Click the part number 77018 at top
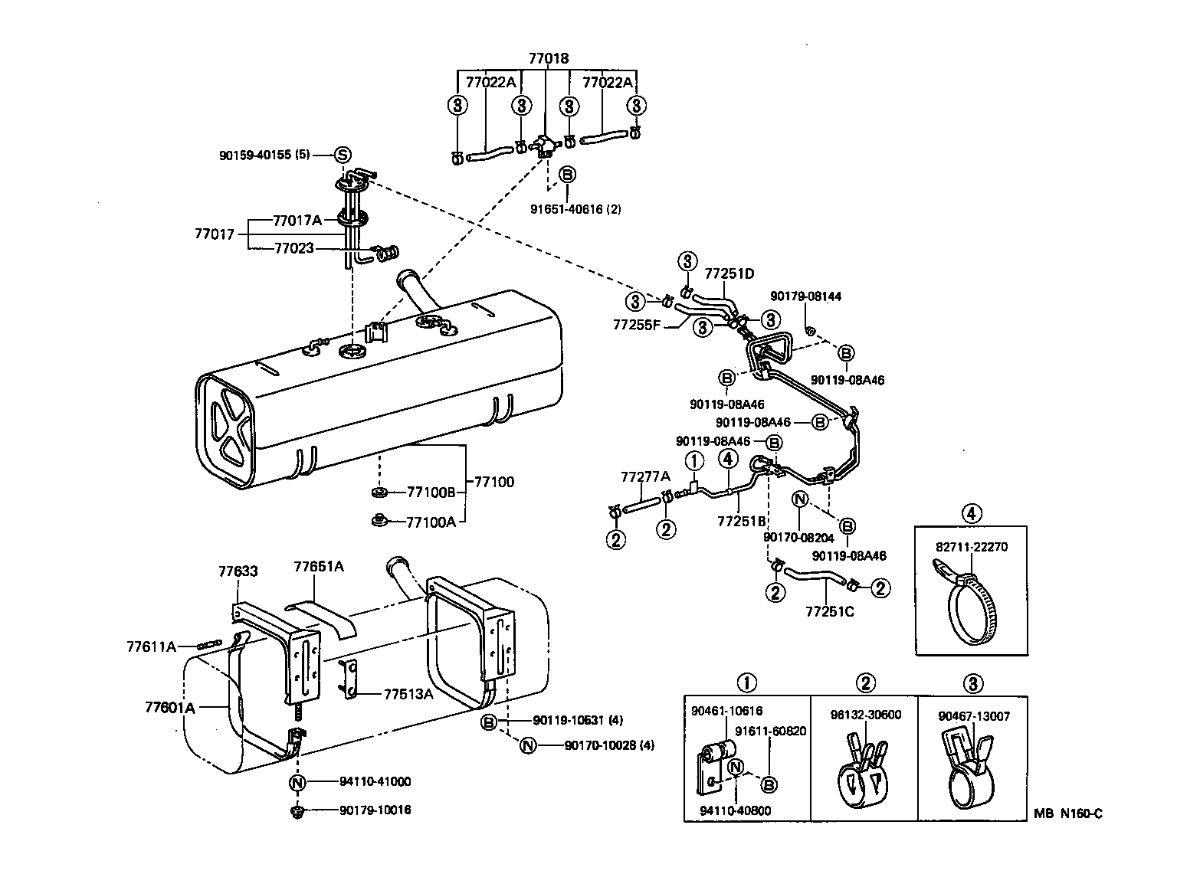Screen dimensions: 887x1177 click(x=549, y=58)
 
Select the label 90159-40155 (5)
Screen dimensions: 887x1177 click(x=264, y=155)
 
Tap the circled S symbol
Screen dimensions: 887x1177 click(x=343, y=155)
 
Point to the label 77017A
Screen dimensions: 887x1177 click(x=297, y=220)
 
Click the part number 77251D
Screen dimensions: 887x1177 click(x=729, y=273)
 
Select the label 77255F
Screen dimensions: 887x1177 click(x=637, y=324)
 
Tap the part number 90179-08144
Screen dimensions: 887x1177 click(x=805, y=296)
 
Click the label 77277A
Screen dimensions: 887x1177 click(x=644, y=477)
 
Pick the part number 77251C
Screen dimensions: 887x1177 click(x=829, y=611)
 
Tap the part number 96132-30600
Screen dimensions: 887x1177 click(x=865, y=715)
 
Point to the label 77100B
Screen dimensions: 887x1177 click(x=431, y=492)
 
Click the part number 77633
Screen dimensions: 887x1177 click(x=238, y=571)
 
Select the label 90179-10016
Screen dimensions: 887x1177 click(x=375, y=810)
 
